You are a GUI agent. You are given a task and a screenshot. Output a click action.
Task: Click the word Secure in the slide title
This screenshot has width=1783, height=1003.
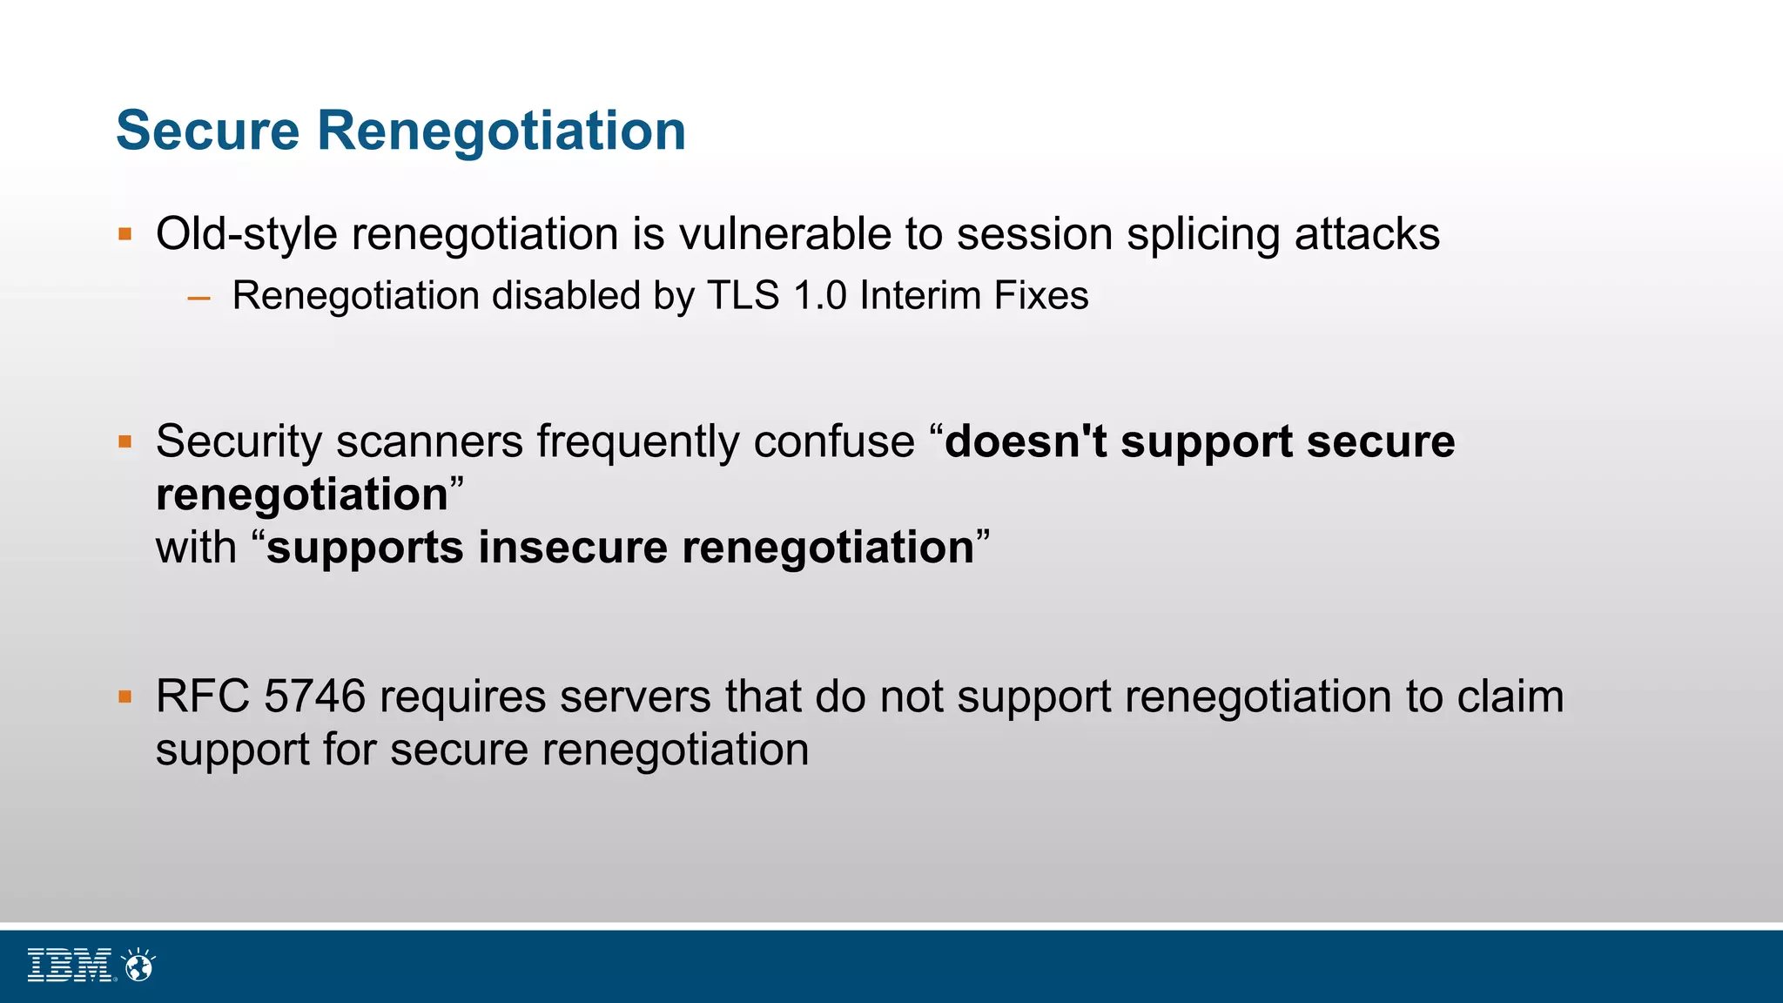208,131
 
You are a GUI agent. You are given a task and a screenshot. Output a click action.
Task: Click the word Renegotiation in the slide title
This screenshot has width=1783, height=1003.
501,131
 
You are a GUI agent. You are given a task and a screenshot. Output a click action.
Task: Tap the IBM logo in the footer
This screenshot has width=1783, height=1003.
70,966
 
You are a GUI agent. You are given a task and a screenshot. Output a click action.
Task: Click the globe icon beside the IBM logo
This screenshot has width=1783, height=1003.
139,965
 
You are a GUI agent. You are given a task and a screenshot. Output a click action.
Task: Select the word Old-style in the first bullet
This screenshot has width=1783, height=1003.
246,234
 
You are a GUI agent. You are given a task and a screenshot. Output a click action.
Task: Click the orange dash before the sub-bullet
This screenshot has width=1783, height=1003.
199,299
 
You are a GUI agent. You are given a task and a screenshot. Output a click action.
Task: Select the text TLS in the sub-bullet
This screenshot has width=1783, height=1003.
743,295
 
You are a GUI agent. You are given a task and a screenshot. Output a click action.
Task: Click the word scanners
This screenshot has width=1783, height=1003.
429,441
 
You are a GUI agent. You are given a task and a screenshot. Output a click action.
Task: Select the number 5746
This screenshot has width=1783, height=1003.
314,697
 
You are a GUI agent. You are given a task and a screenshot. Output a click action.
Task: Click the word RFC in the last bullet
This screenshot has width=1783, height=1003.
203,697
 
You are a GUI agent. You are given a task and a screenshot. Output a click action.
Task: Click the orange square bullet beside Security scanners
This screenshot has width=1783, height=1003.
125,441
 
